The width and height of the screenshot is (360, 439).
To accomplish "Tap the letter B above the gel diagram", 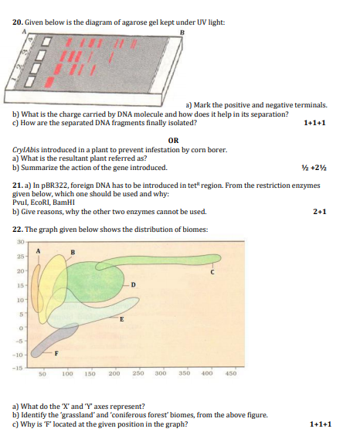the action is point(182,32).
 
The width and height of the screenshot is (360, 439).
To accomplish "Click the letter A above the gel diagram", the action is point(24,32).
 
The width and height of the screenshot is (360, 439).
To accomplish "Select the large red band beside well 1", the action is point(50,81).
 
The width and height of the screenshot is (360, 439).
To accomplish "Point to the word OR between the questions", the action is point(173,141).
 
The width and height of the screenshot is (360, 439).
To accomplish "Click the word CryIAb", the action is point(23,150).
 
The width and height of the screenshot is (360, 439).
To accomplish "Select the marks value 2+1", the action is point(319,212).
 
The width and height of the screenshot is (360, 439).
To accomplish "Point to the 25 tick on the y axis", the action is point(21,256).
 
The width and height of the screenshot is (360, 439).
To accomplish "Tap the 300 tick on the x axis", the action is point(161,373).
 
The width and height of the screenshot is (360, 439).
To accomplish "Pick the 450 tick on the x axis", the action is point(231,373).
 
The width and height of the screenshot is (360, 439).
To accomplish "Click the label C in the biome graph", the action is point(212,272).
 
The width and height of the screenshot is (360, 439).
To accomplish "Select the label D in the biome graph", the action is point(133,285).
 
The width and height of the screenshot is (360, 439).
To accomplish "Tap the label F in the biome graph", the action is point(56,354).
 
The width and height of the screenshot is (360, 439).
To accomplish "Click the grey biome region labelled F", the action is point(53,340).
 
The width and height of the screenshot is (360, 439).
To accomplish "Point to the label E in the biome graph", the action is point(122,319).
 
